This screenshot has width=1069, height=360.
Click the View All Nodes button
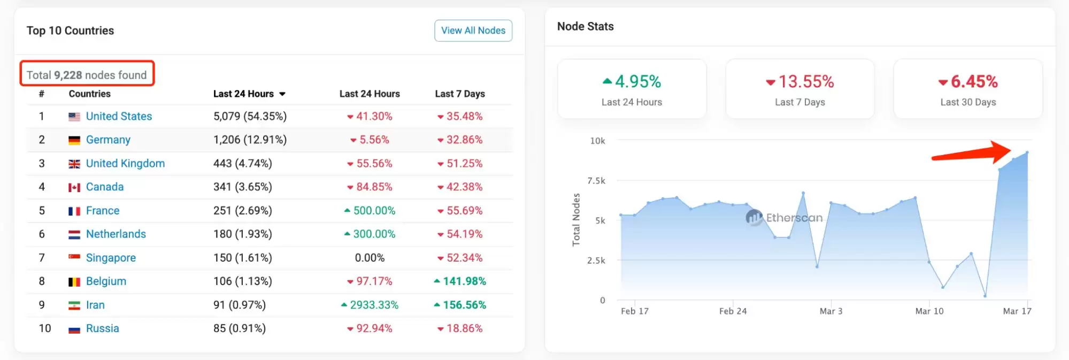473,30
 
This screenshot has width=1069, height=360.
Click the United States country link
119,116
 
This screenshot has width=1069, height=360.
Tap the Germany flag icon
74,140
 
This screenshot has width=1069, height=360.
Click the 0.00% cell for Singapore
370,258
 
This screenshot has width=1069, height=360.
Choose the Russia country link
102,328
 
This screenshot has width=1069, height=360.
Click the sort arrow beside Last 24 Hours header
282,94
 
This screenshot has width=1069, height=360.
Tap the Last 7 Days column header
460,94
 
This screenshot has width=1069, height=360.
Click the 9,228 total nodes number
68,75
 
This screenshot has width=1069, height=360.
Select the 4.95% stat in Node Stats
632,82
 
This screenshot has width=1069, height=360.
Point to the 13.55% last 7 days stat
800,82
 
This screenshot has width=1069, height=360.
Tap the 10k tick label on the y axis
597,141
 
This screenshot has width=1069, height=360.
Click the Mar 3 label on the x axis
830,311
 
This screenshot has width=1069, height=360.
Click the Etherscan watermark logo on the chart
754,217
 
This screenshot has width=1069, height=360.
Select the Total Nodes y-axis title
576,220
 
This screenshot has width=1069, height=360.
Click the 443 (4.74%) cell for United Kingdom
243,164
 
